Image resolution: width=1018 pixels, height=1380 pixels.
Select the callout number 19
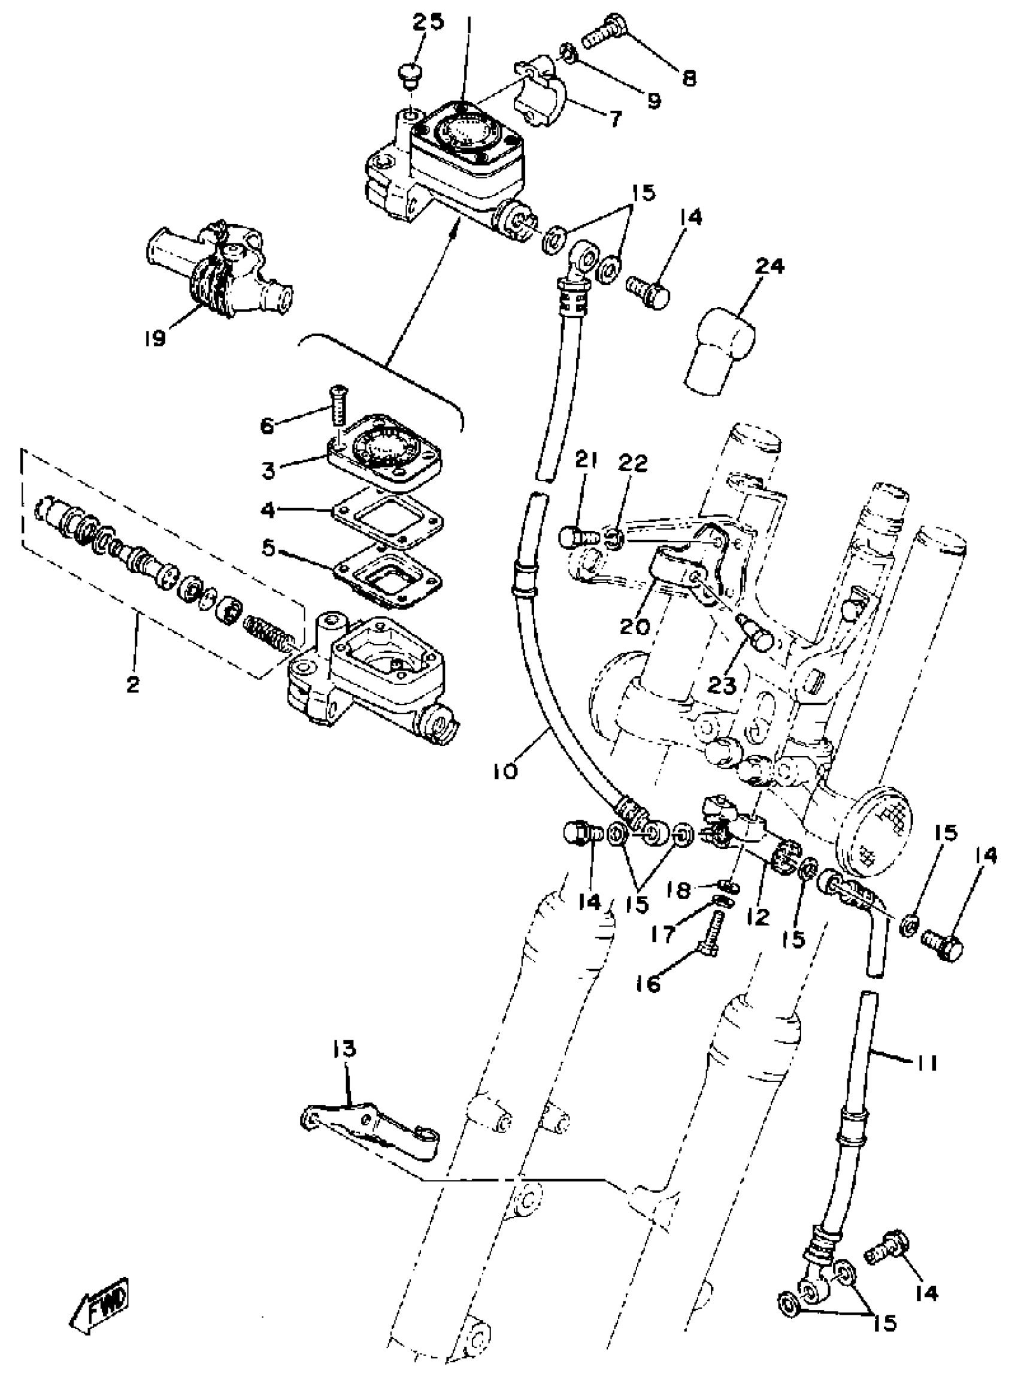[x=156, y=338]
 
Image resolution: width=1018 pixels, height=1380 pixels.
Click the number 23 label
[x=723, y=684]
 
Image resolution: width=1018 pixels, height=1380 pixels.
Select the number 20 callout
[x=634, y=627]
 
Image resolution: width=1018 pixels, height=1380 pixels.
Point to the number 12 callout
[x=759, y=917]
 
